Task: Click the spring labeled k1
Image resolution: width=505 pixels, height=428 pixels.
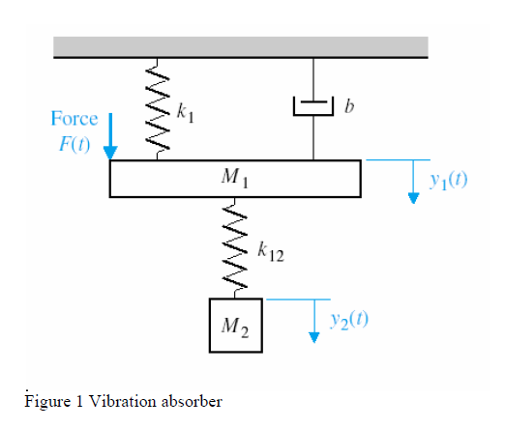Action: pyautogui.click(x=158, y=110)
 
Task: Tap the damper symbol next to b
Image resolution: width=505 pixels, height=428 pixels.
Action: pyautogui.click(x=312, y=104)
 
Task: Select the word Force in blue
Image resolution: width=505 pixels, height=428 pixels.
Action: pyautogui.click(x=74, y=118)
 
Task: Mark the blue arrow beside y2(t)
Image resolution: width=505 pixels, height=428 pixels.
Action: pyautogui.click(x=313, y=320)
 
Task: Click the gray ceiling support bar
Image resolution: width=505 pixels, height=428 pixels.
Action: pyautogui.click(x=241, y=46)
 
